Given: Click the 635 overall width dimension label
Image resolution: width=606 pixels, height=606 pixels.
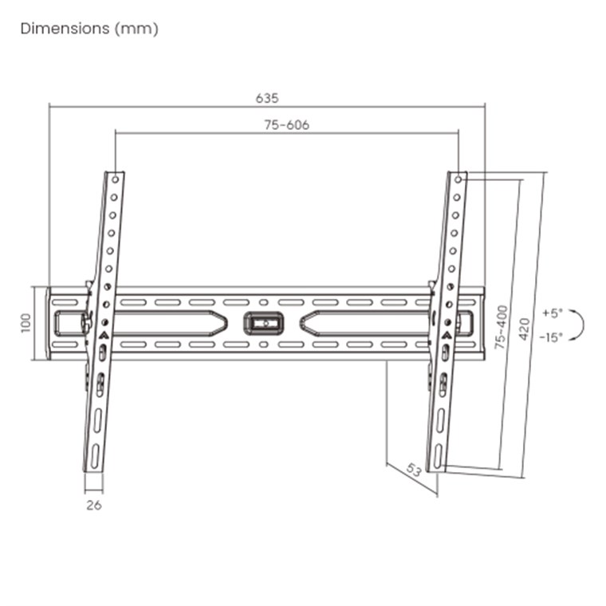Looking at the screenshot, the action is (267, 98).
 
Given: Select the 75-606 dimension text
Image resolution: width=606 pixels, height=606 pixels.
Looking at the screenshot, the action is (287, 125).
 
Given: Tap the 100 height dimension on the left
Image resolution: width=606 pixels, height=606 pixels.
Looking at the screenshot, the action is (26, 323).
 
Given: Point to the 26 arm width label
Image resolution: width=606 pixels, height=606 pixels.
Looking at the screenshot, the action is (94, 505).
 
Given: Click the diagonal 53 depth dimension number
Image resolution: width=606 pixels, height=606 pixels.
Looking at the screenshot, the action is (414, 470).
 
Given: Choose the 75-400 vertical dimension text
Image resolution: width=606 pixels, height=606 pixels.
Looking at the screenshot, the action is (502, 328).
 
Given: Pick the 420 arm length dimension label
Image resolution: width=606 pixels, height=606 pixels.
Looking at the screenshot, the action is (525, 329).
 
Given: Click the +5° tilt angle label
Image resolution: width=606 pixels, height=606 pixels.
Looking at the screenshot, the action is (553, 313).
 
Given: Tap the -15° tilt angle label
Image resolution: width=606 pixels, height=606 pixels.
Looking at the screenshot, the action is (551, 337).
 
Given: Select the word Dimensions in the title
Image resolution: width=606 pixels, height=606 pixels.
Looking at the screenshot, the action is (65, 29).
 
